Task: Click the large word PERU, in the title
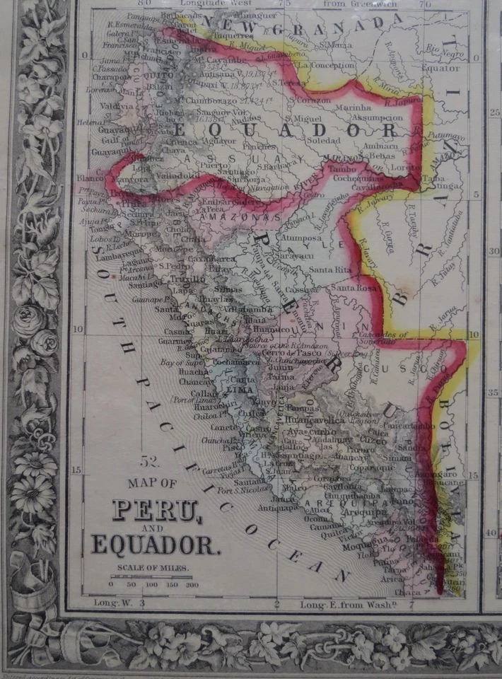157,511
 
